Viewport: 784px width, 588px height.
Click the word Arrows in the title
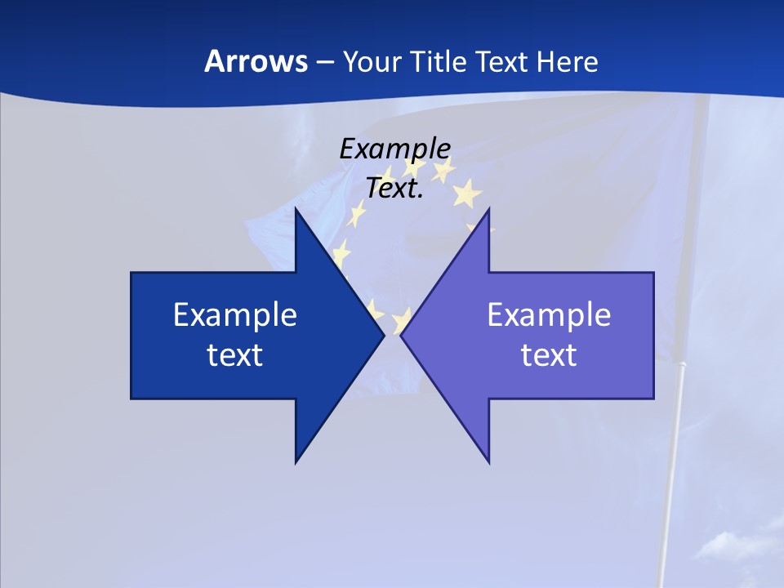click(256, 61)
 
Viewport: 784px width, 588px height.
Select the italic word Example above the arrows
click(395, 149)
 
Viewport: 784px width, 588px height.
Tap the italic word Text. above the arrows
click(394, 189)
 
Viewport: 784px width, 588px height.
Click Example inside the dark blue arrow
click(235, 314)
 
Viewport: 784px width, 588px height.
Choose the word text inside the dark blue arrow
click(235, 355)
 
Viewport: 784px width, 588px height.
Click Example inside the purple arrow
click(549, 314)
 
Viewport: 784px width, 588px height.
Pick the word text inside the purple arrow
click(549, 355)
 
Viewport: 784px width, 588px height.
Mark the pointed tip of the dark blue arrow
click(384, 335)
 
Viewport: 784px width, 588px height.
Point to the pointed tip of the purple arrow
click(401, 335)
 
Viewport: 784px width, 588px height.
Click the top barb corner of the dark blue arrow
click(296, 209)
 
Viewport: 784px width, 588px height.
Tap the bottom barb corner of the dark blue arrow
click(296, 462)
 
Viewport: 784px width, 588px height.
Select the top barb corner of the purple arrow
click(488, 209)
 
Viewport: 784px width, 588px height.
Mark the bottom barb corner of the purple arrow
click(488, 462)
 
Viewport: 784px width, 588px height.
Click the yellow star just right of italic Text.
click(466, 194)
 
